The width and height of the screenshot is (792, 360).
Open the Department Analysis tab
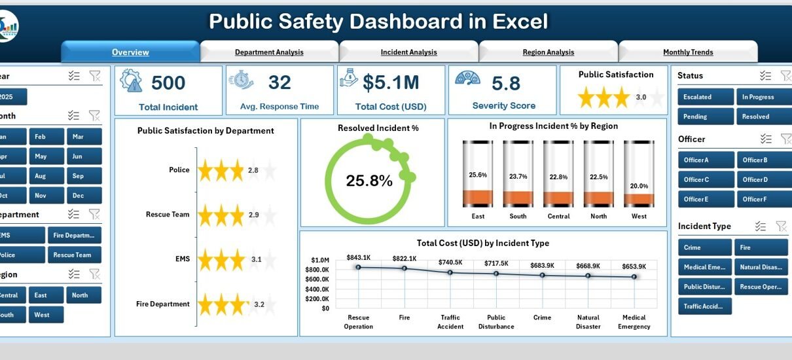point(269,52)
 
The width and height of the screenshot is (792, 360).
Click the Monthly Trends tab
point(688,52)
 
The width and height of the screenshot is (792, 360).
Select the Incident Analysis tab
point(408,52)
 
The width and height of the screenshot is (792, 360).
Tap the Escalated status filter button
point(706,97)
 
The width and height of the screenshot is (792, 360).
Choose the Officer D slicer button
point(762,179)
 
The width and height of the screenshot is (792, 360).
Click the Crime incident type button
point(706,247)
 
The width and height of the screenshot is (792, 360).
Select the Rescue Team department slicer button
point(74,255)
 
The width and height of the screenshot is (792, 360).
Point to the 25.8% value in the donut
point(369,181)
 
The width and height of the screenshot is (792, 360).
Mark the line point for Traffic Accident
point(450,272)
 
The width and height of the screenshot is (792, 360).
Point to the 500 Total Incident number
point(168,83)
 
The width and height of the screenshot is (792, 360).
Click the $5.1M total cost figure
point(391,83)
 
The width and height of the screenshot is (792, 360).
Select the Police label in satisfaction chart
point(179,170)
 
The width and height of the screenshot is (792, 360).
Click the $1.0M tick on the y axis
point(320,261)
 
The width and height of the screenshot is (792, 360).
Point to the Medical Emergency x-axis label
point(634,322)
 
